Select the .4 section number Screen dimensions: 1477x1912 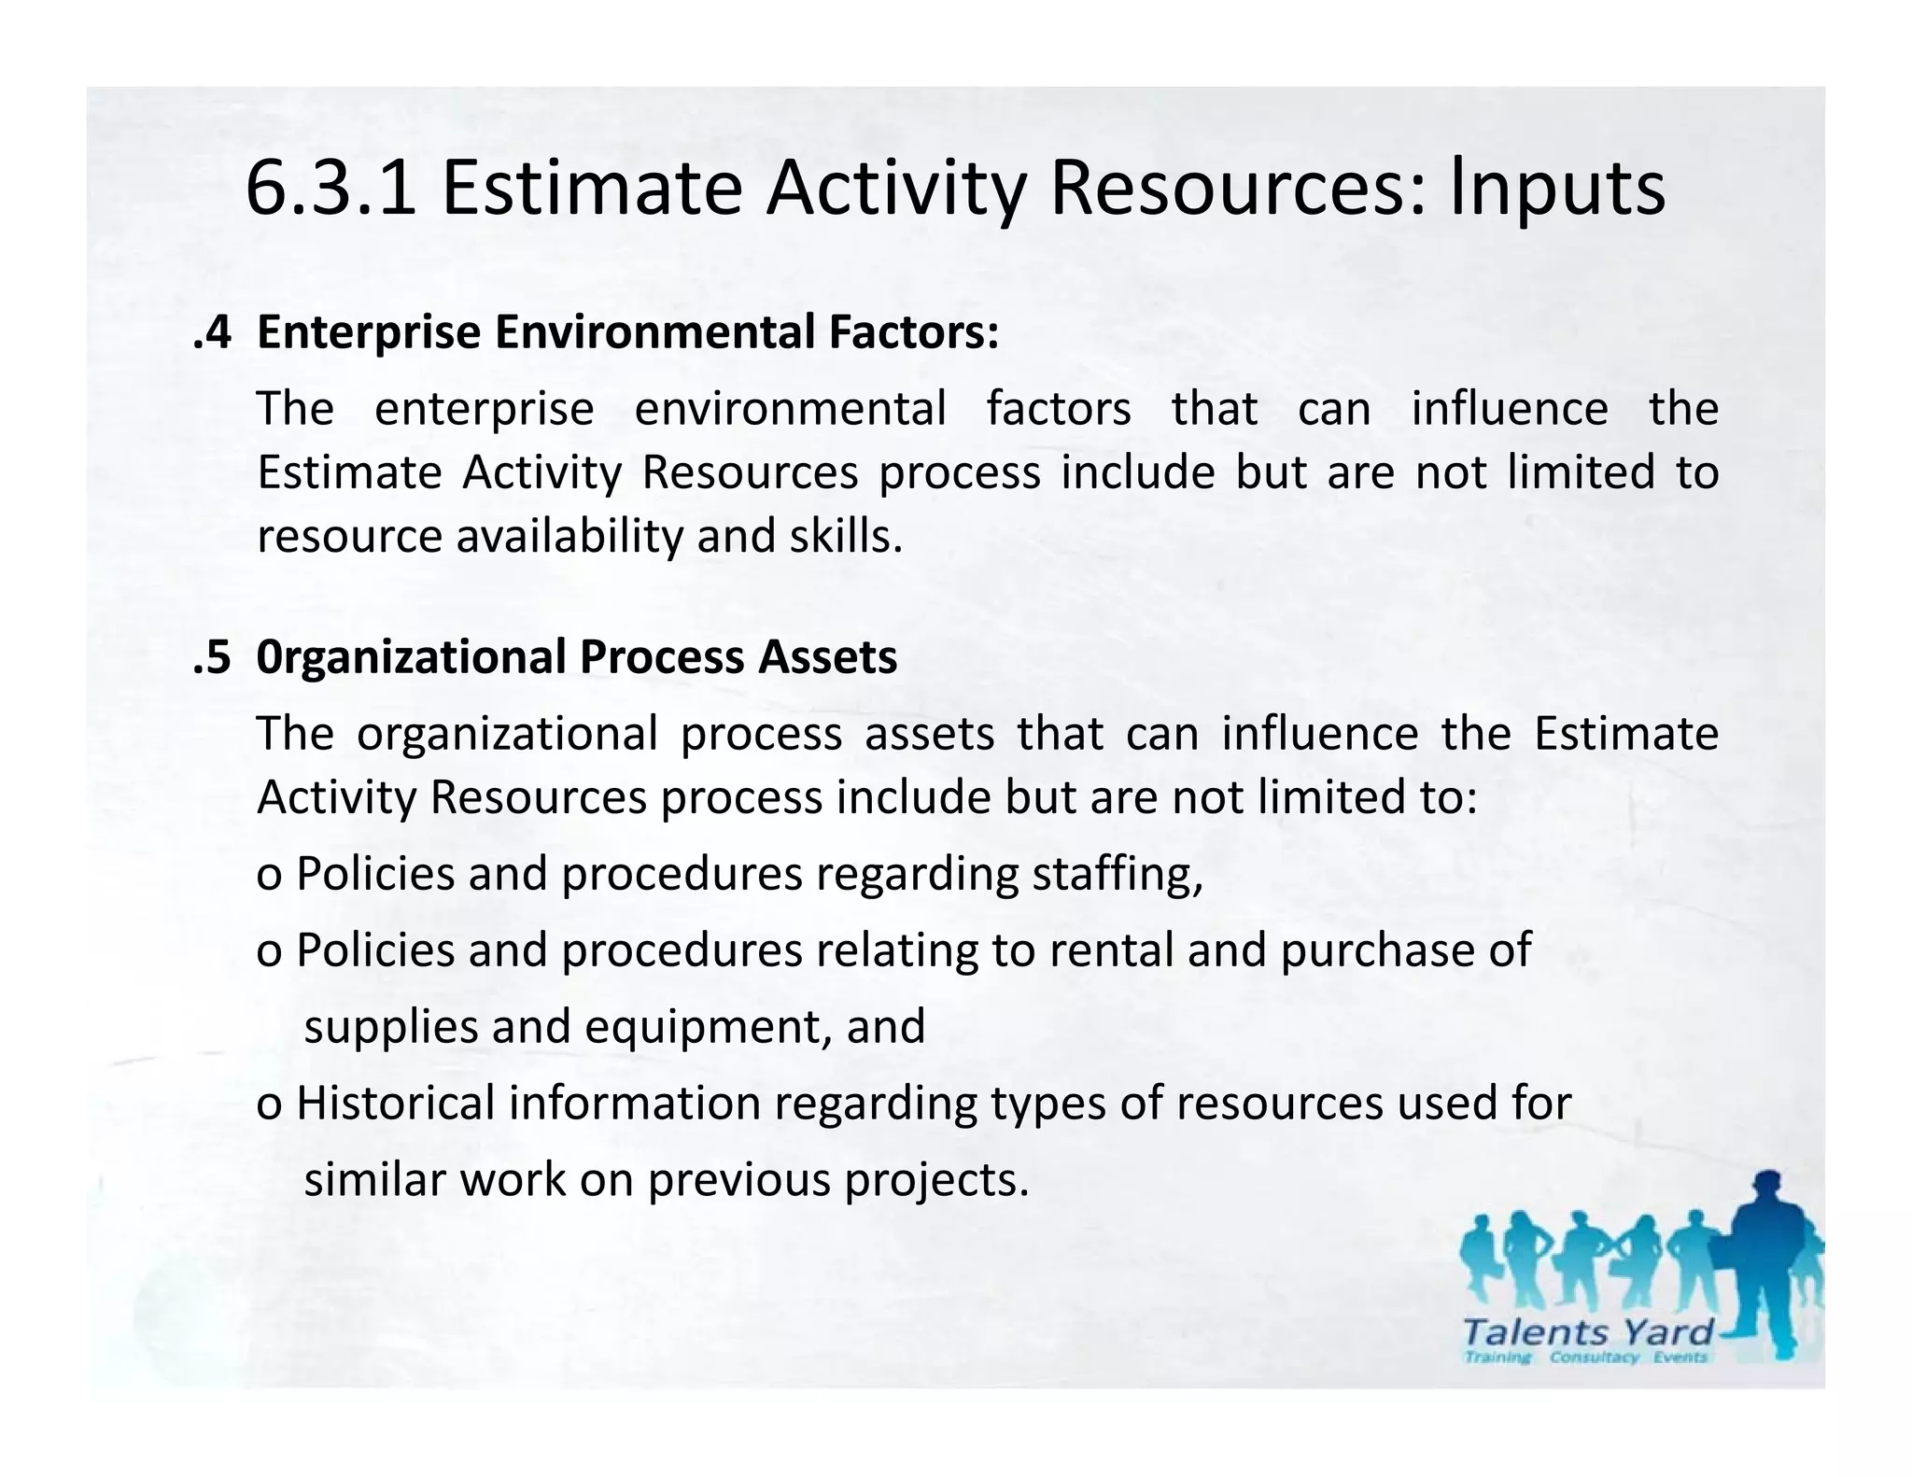(212, 332)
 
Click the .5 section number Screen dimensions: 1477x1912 (212, 656)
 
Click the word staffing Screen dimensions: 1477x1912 (1117, 874)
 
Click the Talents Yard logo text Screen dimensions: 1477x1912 (1588, 1331)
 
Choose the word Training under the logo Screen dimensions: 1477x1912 (1498, 1357)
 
